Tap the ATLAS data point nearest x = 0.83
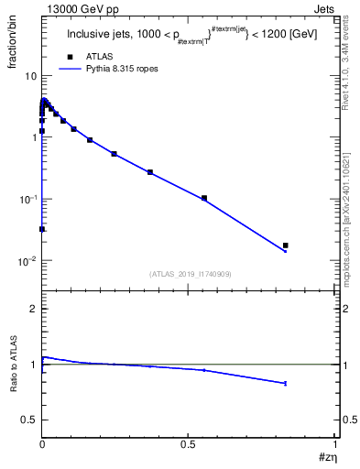coord(286,245)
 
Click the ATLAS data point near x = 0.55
coord(204,198)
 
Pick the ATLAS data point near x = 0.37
coord(150,172)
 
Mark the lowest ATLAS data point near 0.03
coord(42,229)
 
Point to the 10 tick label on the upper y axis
coord(29,75)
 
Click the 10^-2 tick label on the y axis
coord(27,261)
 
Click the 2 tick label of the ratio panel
coord(33,309)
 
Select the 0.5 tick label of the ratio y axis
coord(29,420)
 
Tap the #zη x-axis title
coord(326,456)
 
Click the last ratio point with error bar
coord(286,383)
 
